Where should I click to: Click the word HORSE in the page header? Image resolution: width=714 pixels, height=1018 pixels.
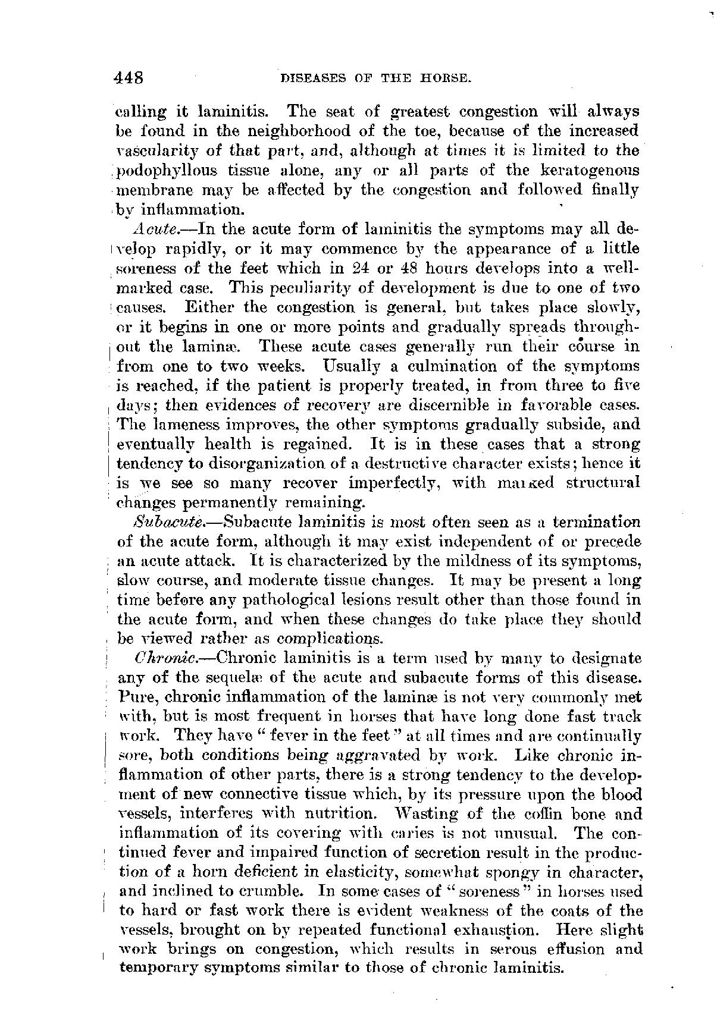point(447,78)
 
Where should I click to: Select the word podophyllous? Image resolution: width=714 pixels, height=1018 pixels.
point(161,171)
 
